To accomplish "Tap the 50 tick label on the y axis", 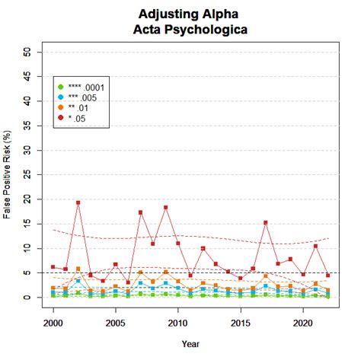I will (x=28, y=52).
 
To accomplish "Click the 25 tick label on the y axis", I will (x=28, y=174).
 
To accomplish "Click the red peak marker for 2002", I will (x=78, y=203).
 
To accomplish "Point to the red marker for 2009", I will (x=165, y=208).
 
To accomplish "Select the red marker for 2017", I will (x=265, y=223).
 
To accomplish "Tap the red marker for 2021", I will (x=315, y=246).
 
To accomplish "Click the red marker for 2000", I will (x=53, y=267).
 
